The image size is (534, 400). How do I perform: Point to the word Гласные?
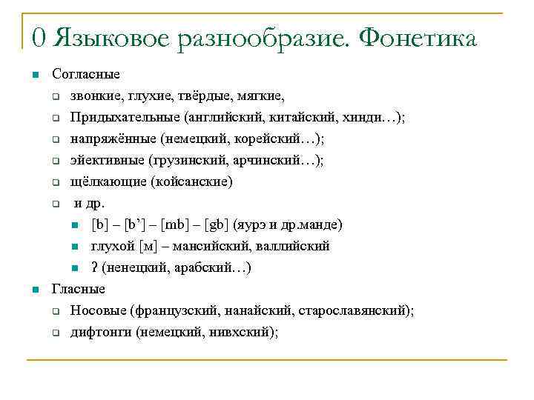click(x=78, y=289)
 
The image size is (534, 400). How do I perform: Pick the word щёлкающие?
click(x=105, y=181)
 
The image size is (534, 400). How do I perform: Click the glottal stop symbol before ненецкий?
click(x=94, y=267)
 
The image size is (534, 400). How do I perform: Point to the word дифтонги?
click(x=101, y=332)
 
